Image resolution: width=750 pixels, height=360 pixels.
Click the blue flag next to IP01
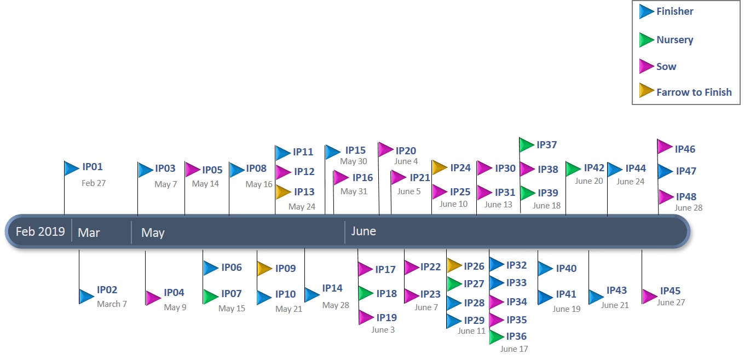tap(71, 168)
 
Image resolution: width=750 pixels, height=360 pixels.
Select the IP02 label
tap(107, 290)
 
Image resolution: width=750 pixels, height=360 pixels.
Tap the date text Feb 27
tap(94, 183)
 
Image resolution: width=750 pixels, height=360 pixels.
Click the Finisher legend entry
tap(674, 11)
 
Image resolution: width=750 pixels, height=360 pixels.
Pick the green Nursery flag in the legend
tap(647, 40)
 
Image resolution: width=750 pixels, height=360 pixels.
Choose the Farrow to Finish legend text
tap(694, 92)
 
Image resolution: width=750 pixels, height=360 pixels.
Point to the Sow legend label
tap(666, 67)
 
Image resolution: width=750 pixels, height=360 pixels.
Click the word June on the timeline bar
tap(364, 231)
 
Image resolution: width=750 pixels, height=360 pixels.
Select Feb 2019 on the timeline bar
tap(40, 231)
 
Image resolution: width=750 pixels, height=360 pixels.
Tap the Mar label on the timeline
tap(89, 233)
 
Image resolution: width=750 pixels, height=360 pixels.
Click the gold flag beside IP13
tap(282, 192)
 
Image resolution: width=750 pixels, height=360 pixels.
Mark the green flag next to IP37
tap(526, 145)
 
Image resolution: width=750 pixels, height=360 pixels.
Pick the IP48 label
tap(686, 197)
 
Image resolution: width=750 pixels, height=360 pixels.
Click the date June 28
tap(688, 208)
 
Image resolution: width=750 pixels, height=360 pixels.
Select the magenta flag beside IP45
tap(649, 296)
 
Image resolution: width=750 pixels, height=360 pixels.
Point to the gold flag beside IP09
tap(264, 268)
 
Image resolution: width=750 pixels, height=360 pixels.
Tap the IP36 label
tap(516, 336)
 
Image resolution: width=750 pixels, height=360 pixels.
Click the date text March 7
tap(112, 304)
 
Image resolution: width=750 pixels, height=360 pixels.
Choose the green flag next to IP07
tap(211, 297)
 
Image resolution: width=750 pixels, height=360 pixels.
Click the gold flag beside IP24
tap(439, 167)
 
